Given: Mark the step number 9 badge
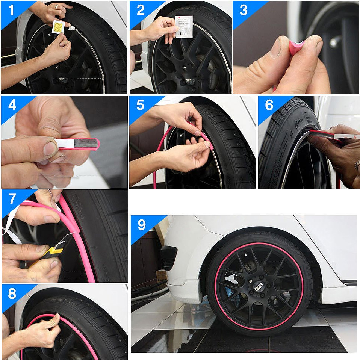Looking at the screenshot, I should click(x=141, y=225).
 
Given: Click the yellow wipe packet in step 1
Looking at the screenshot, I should click(x=59, y=27).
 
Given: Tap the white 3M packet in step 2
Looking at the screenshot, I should click(x=184, y=26).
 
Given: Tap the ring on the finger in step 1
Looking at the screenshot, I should click(x=57, y=6).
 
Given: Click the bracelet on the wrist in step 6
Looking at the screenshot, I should click(x=357, y=165).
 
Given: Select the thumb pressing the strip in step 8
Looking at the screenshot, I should click(x=55, y=319).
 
